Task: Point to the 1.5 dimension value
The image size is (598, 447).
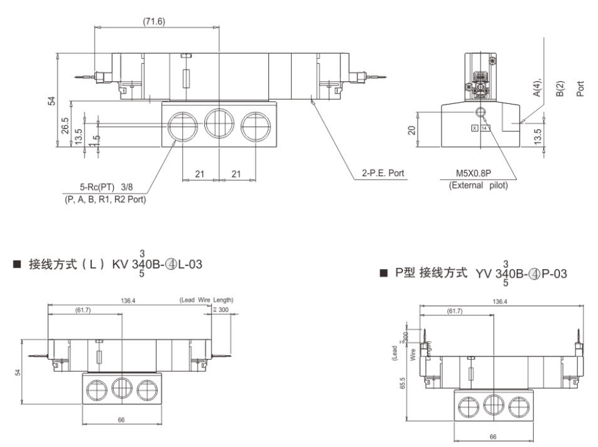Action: coord(93,140)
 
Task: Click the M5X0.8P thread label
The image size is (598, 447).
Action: coord(475,174)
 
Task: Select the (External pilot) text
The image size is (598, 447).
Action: coord(478,185)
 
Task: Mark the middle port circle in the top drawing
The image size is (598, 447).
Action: coord(219,122)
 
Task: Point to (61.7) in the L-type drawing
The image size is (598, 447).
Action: coord(83,311)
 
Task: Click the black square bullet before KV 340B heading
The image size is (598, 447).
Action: coord(17,265)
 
